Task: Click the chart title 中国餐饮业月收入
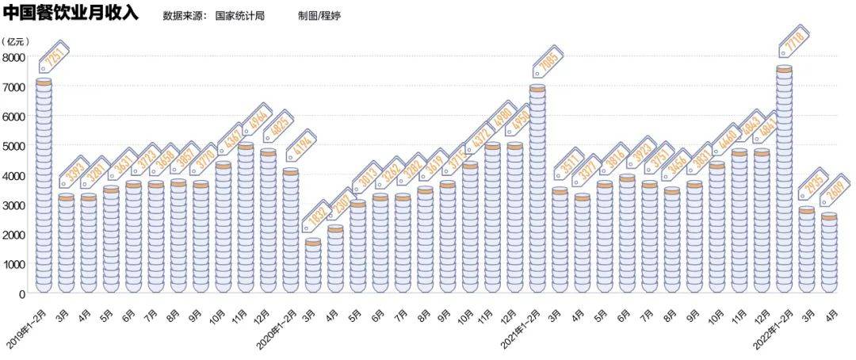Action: coord(71,13)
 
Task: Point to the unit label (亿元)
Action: coord(17,41)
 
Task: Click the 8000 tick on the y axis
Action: coord(14,57)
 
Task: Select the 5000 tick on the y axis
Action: coord(14,146)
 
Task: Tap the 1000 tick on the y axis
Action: coord(14,265)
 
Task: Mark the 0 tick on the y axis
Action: coord(22,294)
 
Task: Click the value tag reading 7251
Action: coord(55,58)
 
